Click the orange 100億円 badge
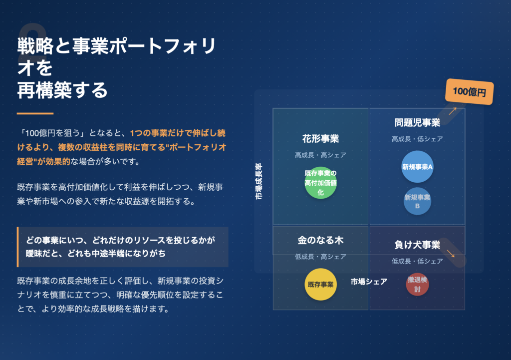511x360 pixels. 469,92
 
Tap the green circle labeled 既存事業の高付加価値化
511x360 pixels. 321,183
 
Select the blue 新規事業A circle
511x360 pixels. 417,167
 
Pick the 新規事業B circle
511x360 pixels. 417,201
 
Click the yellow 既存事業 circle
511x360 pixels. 321,284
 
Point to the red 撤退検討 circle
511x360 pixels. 417,284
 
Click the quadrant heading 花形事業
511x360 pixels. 321,139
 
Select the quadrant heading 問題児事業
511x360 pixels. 417,123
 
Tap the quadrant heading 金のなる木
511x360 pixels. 321,240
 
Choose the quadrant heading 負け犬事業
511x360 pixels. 417,245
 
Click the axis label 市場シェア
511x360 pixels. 369,282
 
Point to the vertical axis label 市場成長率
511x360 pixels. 258,181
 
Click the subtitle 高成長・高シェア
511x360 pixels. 321,155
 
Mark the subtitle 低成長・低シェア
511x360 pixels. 417,261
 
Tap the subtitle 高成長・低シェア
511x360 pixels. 417,139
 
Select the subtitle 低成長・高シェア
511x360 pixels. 321,257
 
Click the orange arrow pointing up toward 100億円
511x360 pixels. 453,111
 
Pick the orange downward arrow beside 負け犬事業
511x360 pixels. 451,253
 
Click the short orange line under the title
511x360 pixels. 35,113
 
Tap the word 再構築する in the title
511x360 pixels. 62,90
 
